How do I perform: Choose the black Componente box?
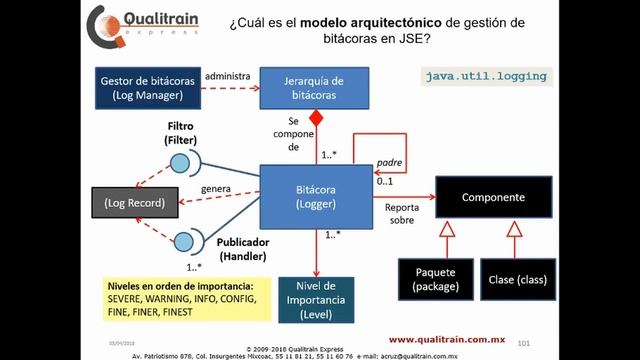(492, 198)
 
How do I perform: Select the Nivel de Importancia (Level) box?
(316, 298)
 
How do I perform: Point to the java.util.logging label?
(486, 76)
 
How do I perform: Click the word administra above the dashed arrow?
(226, 75)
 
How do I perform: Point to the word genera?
(216, 188)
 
